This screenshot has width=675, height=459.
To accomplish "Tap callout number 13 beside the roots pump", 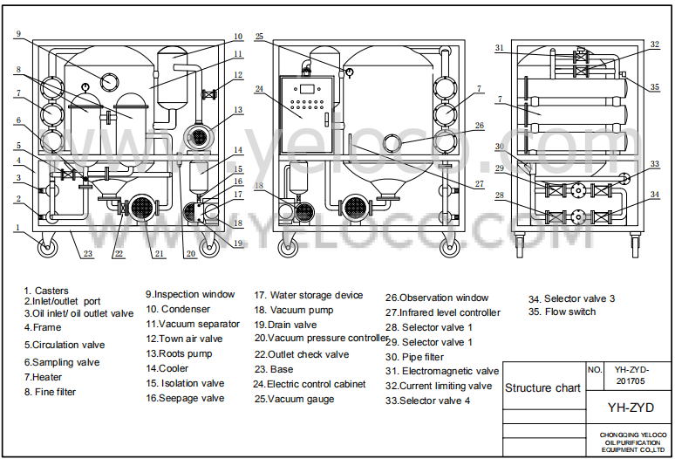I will pyautogui.click(x=236, y=110).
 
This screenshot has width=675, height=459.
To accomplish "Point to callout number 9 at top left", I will pyautogui.click(x=17, y=34).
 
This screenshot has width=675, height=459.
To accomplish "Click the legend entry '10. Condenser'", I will pyautogui.click(x=178, y=309).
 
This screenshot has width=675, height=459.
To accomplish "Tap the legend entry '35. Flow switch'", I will pyautogui.click(x=562, y=312).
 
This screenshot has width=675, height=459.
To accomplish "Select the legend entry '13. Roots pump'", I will pyautogui.click(x=180, y=354).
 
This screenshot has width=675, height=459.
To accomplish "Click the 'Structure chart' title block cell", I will pyautogui.click(x=542, y=388).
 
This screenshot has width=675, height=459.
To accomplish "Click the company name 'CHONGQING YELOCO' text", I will pyautogui.click(x=633, y=434).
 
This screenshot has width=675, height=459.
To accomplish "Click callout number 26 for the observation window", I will pyautogui.click(x=479, y=126).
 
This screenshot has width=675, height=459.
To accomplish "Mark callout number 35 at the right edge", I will pyautogui.click(x=655, y=87).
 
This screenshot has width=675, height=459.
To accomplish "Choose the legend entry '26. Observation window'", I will pyautogui.click(x=438, y=298).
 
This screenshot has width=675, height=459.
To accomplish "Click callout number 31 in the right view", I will pyautogui.click(x=500, y=48).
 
